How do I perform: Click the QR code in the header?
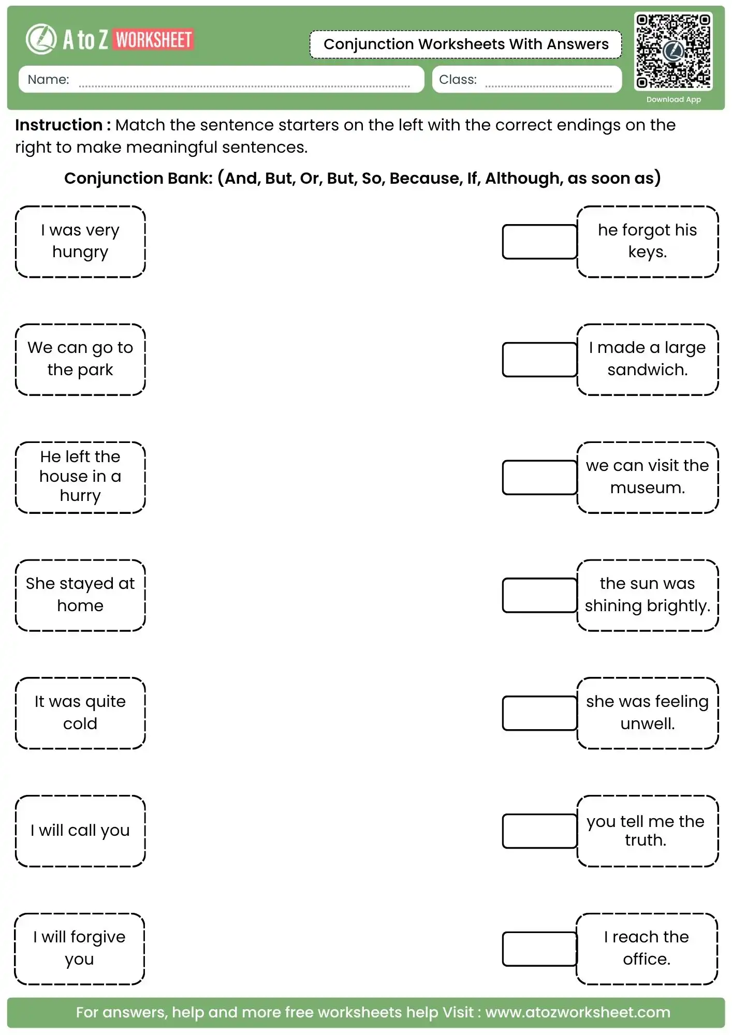[673, 51]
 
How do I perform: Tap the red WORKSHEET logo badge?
[154, 40]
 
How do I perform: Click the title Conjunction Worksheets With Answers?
[465, 45]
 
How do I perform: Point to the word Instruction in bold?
[58, 125]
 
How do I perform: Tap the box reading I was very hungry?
[80, 241]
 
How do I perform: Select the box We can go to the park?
[80, 359]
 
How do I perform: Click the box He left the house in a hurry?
[80, 477]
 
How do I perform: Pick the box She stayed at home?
[80, 595]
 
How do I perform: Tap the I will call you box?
[80, 831]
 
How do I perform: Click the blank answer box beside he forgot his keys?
[539, 242]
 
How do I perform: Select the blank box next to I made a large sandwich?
[539, 360]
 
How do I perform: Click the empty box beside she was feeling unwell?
[539, 713]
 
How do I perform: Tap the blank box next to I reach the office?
[539, 949]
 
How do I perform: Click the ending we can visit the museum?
[647, 477]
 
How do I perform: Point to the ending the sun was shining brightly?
[647, 595]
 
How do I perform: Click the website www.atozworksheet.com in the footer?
[577, 1012]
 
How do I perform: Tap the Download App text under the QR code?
[673, 99]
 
